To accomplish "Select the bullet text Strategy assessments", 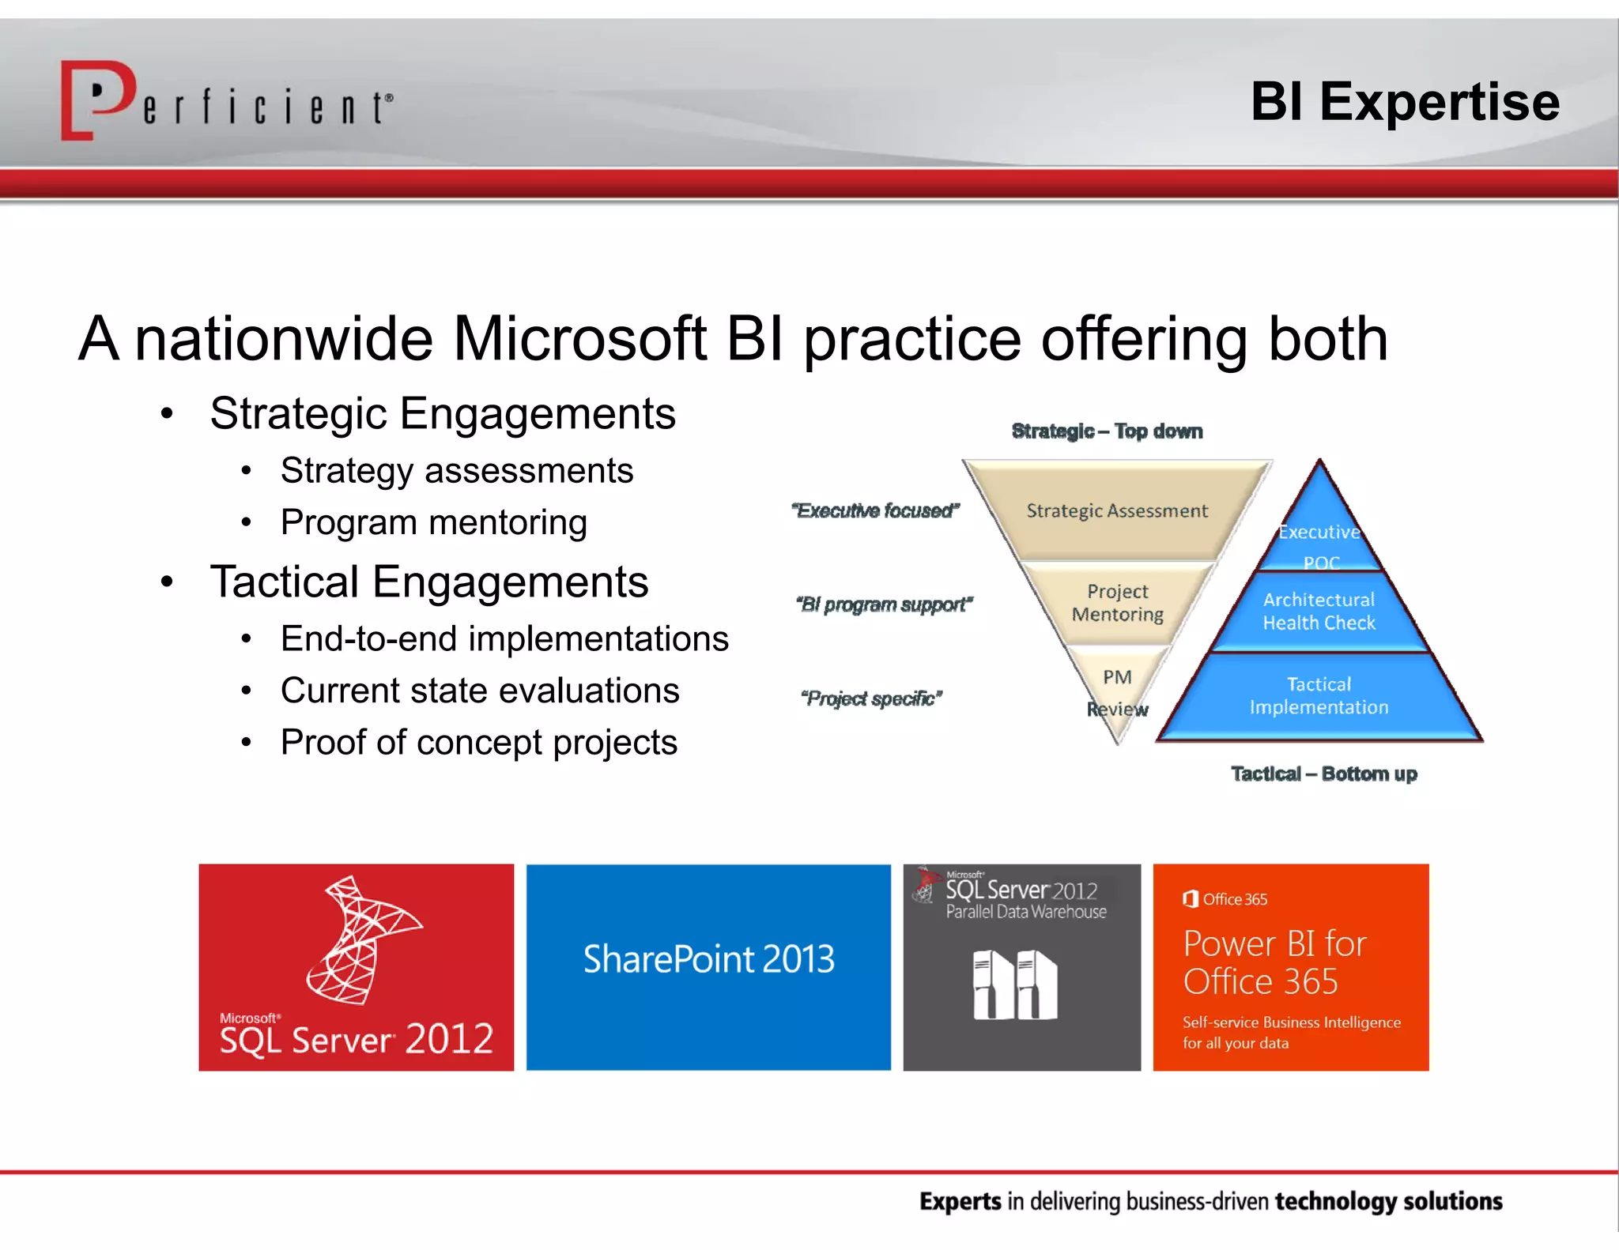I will (x=456, y=471).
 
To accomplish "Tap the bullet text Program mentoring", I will (x=433, y=522).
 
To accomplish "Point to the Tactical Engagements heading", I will (x=428, y=582).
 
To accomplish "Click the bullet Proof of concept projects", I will (x=478, y=743).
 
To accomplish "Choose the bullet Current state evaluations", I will (x=479, y=691).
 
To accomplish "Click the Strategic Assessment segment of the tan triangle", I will (x=1116, y=510).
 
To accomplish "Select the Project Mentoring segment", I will (x=1117, y=603).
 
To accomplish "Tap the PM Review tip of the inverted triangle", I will (x=1117, y=692).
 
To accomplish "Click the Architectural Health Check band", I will (x=1319, y=612).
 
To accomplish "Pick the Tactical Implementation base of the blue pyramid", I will (x=1319, y=696).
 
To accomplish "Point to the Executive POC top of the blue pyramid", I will (x=1319, y=537).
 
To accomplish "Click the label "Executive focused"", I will (x=875, y=511).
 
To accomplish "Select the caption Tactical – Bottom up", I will (x=1323, y=774).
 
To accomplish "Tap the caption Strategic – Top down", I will (x=1107, y=431).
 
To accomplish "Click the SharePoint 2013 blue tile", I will (x=708, y=966).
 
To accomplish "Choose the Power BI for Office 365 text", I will (x=1274, y=962).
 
